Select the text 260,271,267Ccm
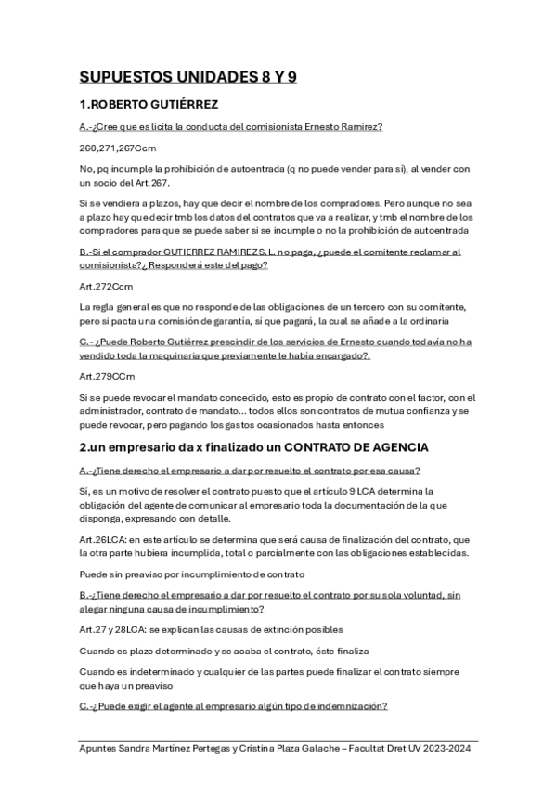tap(117, 148)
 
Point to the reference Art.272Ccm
tap(107, 287)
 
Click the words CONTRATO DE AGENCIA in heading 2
tap(335, 447)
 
